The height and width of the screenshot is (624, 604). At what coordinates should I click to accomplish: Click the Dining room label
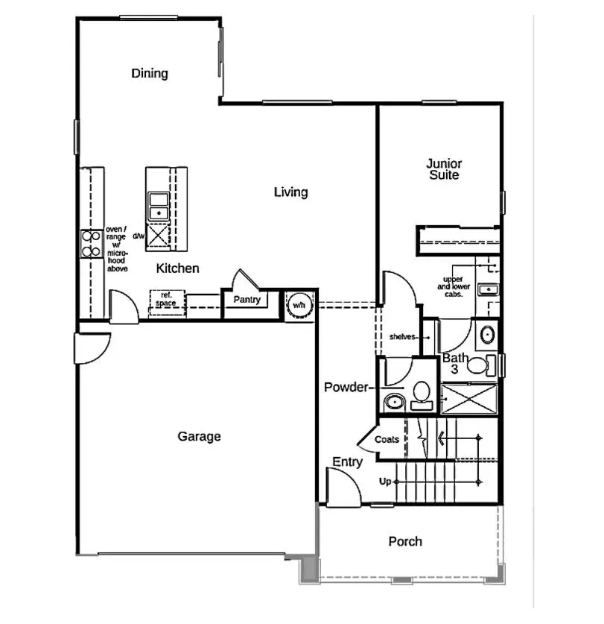pos(150,73)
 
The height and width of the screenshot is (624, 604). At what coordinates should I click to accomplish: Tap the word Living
pos(290,192)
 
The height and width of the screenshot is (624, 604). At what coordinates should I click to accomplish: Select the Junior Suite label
pos(444,169)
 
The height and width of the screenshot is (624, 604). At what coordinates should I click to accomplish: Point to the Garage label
pos(199,436)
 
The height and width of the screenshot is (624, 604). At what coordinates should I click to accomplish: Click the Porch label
pos(405,541)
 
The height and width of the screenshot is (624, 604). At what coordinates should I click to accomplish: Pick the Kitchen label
pos(178,268)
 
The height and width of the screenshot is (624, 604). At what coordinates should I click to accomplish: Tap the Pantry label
pos(246,300)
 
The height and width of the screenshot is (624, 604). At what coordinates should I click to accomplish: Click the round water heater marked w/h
pos(298,305)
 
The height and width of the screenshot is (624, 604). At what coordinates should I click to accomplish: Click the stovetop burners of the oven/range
pos(91,244)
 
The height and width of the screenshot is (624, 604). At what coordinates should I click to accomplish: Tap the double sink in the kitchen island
pos(158,207)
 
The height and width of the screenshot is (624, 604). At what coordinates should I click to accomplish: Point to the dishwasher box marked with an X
pos(158,236)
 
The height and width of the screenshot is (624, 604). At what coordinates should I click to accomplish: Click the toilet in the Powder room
pos(422,394)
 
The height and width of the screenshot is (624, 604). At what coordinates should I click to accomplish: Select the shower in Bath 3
pos(468,399)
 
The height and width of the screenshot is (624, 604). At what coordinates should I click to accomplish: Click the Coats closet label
pos(387,440)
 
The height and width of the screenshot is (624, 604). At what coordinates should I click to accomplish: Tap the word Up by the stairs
pos(385,482)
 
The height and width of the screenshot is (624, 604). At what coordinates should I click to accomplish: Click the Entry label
pos(347,462)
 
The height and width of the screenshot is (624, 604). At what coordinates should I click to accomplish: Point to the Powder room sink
pos(394,403)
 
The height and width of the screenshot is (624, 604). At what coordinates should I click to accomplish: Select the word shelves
pos(402,337)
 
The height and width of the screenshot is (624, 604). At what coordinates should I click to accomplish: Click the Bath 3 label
pos(456,363)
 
